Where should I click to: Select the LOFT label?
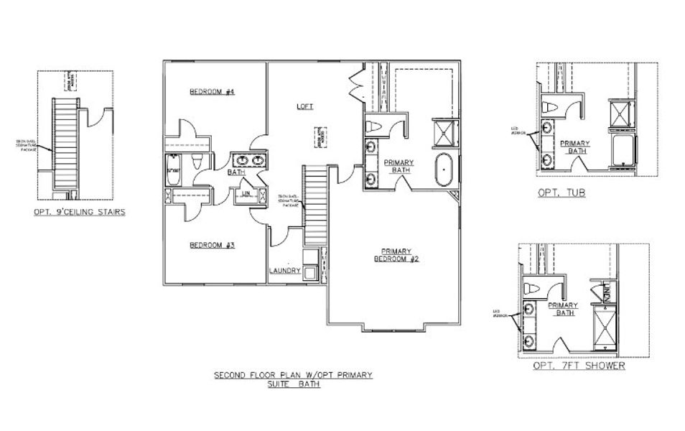pyautogui.click(x=305, y=106)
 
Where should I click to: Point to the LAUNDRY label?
pyautogui.click(x=284, y=271)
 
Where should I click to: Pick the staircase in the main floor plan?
pyautogui.click(x=314, y=205)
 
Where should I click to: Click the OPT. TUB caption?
pyautogui.click(x=561, y=193)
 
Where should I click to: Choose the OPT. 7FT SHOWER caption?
pyautogui.click(x=579, y=366)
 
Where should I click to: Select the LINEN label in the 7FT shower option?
pyautogui.click(x=607, y=290)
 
